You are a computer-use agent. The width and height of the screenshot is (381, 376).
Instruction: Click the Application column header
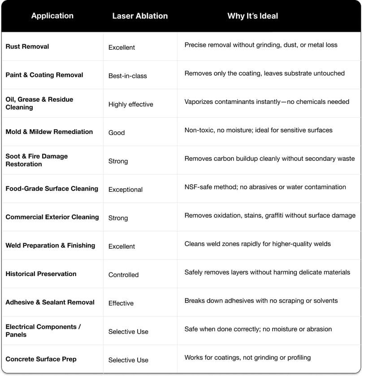pyautogui.click(x=52, y=16)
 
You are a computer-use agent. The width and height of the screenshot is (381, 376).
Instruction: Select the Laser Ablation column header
pyautogui.click(x=140, y=16)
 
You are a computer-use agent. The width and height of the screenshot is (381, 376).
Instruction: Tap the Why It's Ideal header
pyautogui.click(x=252, y=16)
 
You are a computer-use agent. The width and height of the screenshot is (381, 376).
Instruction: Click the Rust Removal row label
pyautogui.click(x=27, y=47)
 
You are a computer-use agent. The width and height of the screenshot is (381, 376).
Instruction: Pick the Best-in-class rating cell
pyautogui.click(x=128, y=76)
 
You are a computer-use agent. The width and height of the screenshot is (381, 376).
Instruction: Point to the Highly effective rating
pyautogui.click(x=131, y=104)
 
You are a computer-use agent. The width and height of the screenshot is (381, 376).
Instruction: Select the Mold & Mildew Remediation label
pyautogui.click(x=49, y=132)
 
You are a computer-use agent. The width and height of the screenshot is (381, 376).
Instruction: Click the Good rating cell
pyautogui.click(x=117, y=133)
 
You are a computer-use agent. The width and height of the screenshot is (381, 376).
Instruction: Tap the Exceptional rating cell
pyautogui.click(x=126, y=190)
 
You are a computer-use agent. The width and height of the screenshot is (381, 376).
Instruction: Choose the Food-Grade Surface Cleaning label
pyautogui.click(x=52, y=189)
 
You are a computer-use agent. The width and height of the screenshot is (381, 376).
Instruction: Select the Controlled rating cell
pyautogui.click(x=124, y=275)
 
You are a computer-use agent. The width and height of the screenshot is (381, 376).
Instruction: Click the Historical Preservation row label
pyautogui.click(x=41, y=274)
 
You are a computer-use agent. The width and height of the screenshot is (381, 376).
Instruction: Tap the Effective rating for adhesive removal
pyautogui.click(x=121, y=303)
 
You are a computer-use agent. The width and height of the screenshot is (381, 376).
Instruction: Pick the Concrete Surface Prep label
pyautogui.click(x=41, y=359)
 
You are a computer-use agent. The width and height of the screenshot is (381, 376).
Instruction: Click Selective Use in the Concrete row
pyautogui.click(x=128, y=360)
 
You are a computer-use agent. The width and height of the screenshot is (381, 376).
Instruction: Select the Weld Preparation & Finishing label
pyautogui.click(x=50, y=246)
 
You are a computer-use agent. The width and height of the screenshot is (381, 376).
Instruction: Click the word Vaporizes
pyautogui.click(x=199, y=102)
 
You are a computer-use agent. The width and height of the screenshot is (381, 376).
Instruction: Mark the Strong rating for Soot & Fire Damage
pyautogui.click(x=118, y=161)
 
